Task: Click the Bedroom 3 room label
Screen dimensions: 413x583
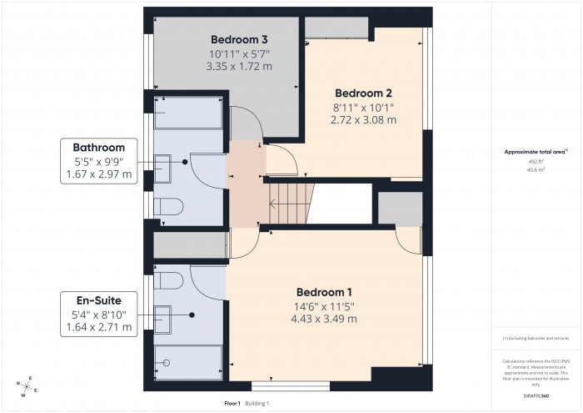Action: [239, 39]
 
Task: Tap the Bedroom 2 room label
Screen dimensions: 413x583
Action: [363, 93]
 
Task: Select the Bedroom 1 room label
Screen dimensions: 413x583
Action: [325, 292]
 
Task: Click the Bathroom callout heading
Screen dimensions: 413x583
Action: [98, 147]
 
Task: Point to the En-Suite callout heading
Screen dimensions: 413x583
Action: [98, 300]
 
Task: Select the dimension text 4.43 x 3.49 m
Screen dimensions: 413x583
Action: [325, 320]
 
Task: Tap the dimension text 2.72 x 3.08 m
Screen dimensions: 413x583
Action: [363, 120]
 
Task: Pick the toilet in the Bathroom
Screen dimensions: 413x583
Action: [168, 206]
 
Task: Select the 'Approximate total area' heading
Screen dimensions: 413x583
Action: [536, 152]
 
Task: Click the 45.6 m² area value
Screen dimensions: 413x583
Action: [536, 169]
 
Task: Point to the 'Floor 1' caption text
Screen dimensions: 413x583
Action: [232, 403]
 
